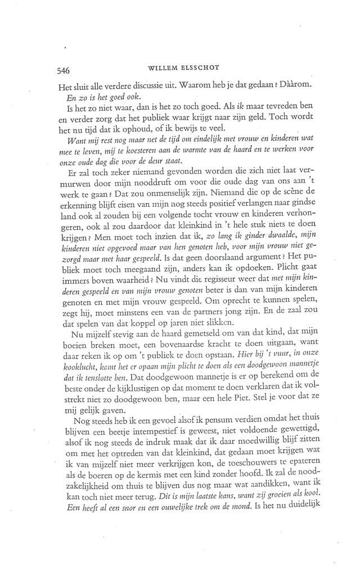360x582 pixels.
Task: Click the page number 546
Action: coord(63,71)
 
